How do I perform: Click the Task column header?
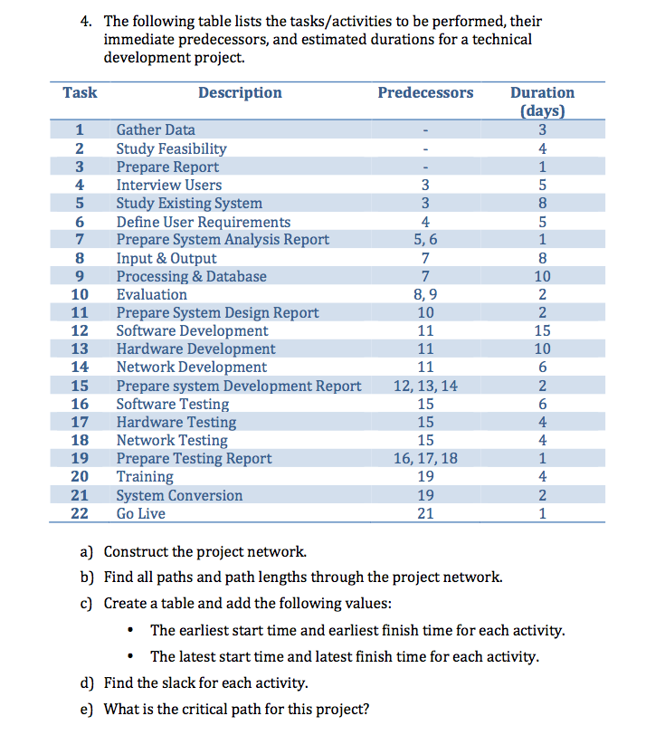coord(80,92)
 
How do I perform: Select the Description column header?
coord(240,92)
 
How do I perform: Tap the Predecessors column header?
coord(424,92)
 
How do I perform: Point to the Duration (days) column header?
coord(542,101)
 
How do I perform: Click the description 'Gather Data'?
coord(156,130)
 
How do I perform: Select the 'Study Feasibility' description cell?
coord(171,148)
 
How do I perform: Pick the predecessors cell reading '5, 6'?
coord(424,240)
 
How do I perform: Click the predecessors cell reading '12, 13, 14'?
coord(424,386)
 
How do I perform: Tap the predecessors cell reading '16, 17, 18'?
coord(424,459)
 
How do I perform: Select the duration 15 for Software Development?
coord(542,331)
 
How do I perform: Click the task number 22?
coord(80,513)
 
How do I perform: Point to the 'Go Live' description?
coord(141,513)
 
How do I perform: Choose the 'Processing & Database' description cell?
coord(191,276)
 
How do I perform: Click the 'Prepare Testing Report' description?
coord(194,459)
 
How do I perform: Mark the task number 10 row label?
coord(80,294)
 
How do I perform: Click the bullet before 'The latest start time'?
coord(133,656)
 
